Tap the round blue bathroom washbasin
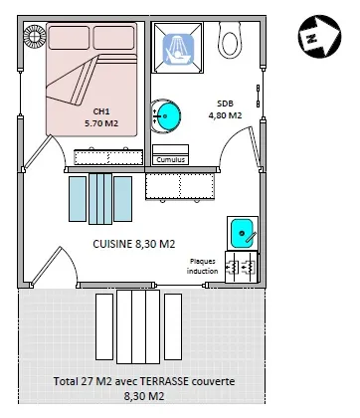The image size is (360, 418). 166,116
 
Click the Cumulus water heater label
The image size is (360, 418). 170,157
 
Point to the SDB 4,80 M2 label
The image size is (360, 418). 225,108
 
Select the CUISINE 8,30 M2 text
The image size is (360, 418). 134,243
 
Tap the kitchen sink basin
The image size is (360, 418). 241,235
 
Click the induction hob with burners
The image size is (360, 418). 241,265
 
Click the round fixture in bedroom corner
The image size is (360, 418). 36,37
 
